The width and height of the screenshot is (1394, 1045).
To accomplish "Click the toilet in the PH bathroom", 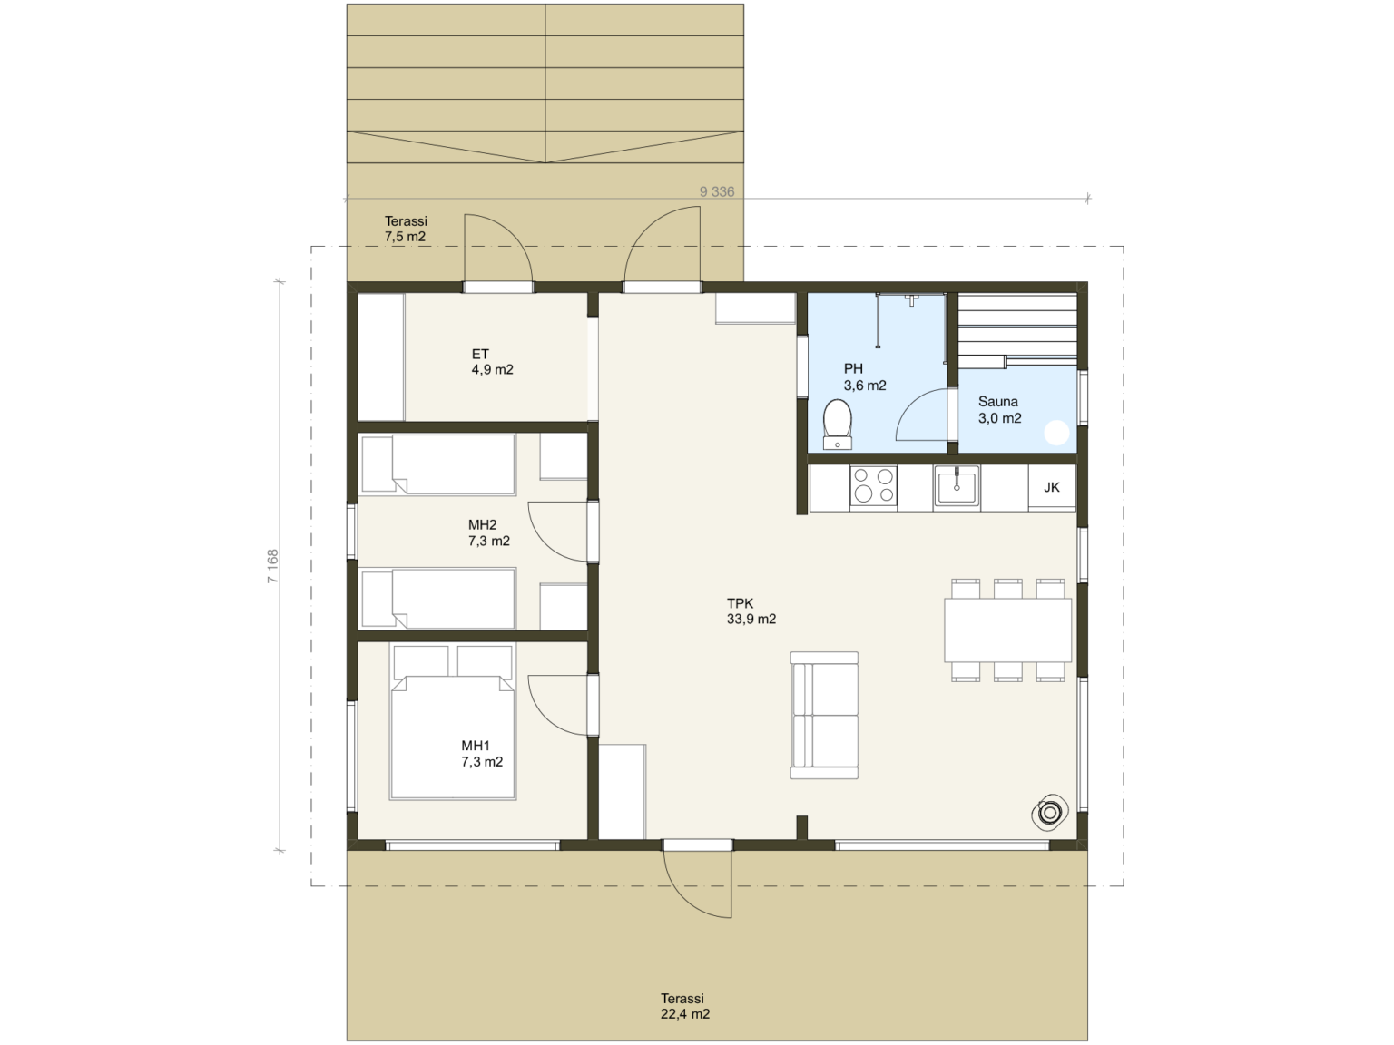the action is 837,424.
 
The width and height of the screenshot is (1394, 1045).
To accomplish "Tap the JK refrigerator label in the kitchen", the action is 1052,487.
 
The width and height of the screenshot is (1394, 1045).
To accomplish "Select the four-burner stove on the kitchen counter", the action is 873,486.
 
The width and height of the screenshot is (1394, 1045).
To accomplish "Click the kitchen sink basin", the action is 956,486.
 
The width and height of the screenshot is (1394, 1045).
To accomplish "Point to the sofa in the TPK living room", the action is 824,715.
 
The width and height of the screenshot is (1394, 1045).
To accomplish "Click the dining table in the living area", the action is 1008,630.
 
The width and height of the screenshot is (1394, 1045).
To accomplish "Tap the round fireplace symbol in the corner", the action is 1049,812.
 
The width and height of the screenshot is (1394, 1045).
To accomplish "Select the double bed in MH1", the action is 452,722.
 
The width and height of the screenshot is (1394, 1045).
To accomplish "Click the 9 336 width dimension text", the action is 716,191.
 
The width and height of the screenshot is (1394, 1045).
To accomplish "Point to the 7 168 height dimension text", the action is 272,566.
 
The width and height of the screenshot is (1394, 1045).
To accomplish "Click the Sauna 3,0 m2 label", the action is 999,410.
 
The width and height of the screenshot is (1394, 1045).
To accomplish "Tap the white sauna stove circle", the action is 1056,434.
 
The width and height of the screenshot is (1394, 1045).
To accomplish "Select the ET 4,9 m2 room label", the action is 492,362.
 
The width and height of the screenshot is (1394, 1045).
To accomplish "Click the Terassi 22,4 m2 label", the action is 684,1006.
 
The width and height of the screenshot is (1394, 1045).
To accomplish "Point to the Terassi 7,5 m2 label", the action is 405,230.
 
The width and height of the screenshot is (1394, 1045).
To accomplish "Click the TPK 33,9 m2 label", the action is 751,611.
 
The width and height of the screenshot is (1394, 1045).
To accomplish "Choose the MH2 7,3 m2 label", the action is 489,533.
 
